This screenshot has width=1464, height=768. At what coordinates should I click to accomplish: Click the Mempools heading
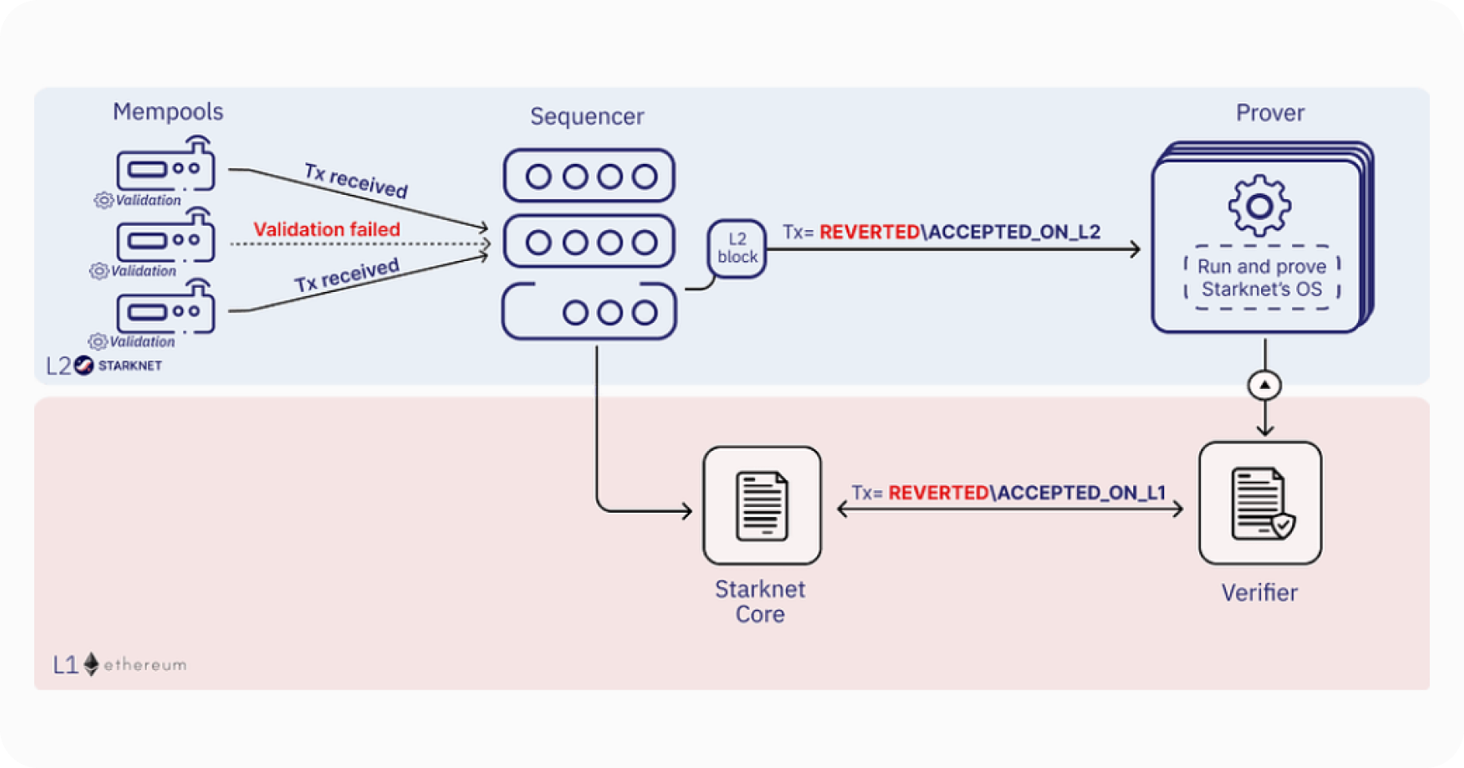168,112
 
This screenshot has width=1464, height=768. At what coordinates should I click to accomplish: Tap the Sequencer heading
587,117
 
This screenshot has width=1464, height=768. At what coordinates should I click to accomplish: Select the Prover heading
1269,113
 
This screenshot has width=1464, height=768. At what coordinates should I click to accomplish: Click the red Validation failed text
327,230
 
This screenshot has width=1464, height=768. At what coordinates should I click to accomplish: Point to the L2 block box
736,249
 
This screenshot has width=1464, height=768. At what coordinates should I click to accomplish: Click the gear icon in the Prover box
1260,205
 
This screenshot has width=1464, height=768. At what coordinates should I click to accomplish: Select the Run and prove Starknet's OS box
1261,278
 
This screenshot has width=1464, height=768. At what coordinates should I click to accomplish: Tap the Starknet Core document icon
762,505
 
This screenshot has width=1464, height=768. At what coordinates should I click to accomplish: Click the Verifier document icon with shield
1260,503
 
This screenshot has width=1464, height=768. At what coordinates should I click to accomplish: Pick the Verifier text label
1259,593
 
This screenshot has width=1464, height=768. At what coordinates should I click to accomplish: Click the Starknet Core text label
760,602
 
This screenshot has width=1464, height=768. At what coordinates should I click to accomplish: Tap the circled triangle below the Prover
1264,385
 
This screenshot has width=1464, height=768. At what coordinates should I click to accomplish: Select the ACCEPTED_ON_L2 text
1013,232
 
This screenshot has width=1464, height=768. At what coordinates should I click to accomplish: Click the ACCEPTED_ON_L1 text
1080,493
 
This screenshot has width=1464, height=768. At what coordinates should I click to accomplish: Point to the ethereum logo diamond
91,664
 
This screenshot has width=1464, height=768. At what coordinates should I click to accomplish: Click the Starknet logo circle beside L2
84,366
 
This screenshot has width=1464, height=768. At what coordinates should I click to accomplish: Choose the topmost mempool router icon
166,166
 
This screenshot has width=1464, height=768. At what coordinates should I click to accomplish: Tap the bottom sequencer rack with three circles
589,311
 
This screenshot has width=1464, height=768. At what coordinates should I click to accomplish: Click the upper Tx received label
356,181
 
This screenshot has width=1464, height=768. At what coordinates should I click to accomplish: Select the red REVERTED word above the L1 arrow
938,493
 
